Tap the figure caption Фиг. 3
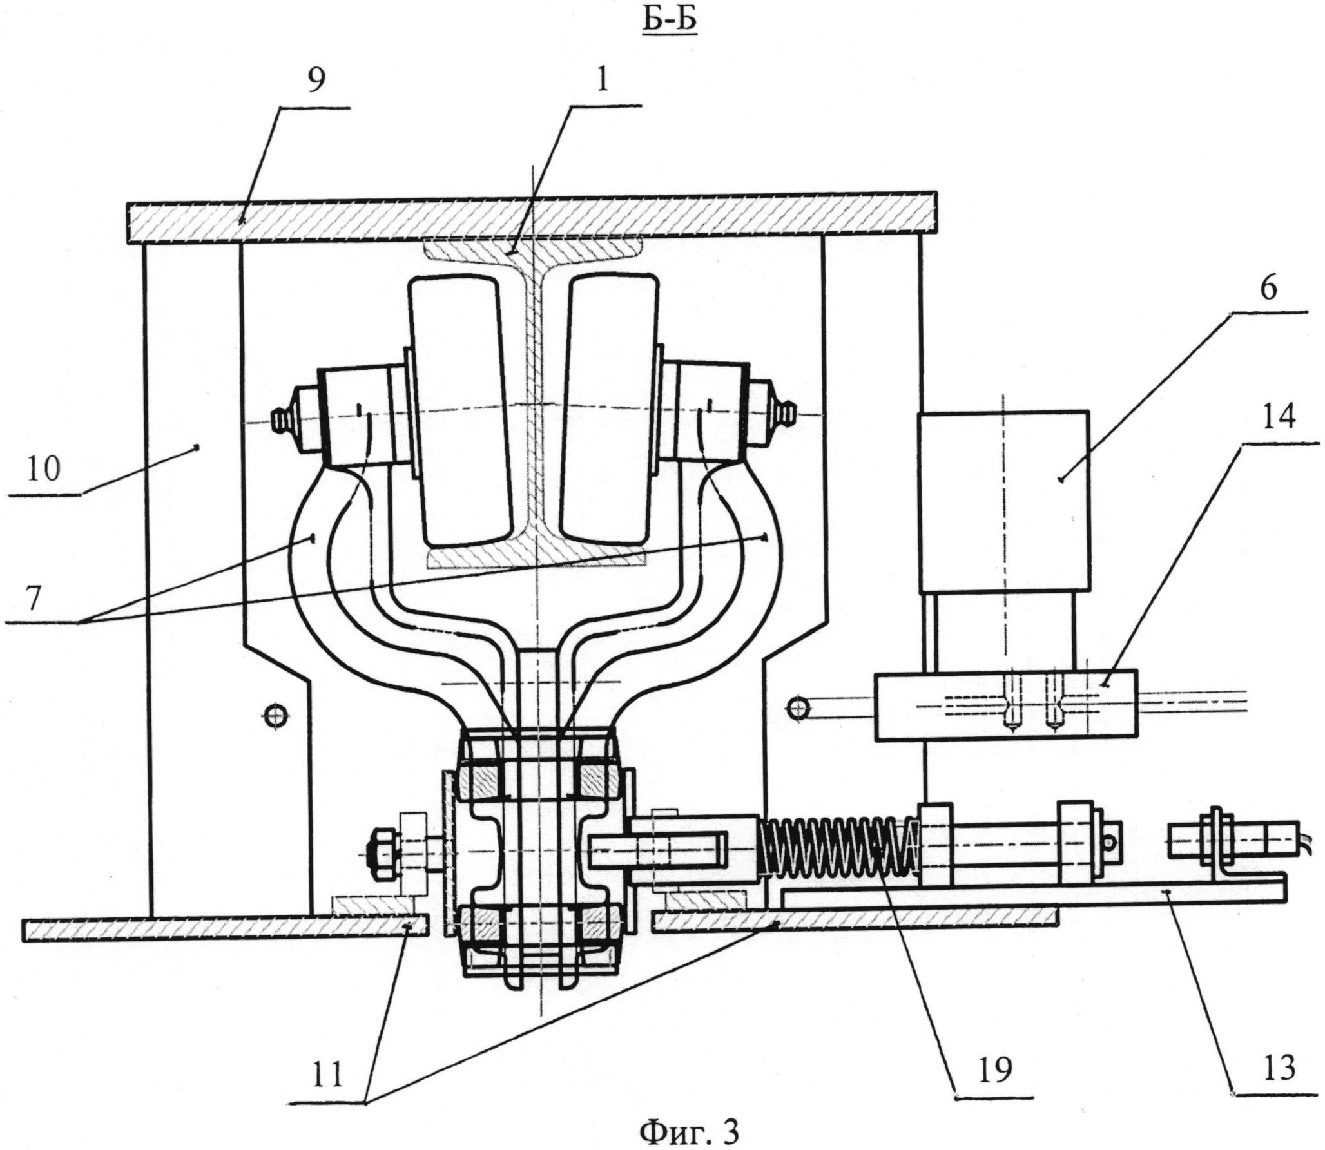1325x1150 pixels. click(688, 1127)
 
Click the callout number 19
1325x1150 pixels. click(992, 1066)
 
